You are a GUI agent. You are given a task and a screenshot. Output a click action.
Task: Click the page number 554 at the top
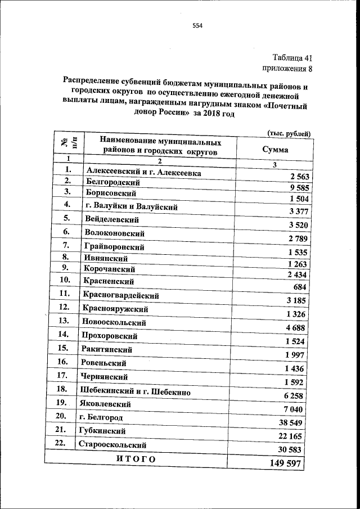(197, 25)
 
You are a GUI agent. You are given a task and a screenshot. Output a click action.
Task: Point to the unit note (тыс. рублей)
(287, 133)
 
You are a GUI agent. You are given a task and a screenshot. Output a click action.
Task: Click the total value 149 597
(286, 463)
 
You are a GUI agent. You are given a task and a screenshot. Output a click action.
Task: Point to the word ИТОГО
(135, 460)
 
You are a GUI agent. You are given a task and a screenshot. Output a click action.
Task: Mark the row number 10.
(65, 279)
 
